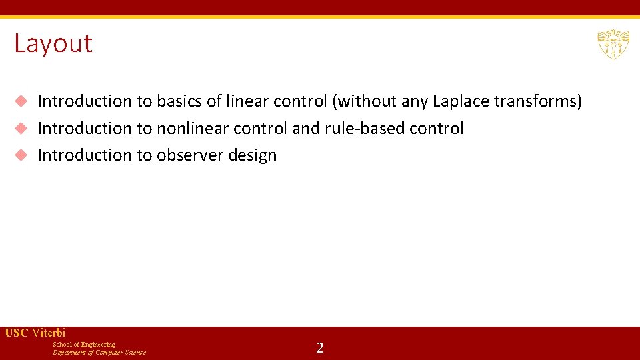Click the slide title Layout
[x=53, y=44]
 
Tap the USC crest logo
[x=613, y=44]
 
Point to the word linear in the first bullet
[x=248, y=101]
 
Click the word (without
[x=365, y=101]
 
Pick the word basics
[x=178, y=101]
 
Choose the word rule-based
[x=363, y=129]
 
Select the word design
[x=252, y=155]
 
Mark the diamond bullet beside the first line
[x=21, y=101]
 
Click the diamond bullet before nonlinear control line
[x=21, y=128]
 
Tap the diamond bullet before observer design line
[x=21, y=155]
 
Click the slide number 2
[x=320, y=347]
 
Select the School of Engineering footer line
[x=84, y=345]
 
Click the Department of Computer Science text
[x=99, y=353]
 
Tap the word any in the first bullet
[x=413, y=101]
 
